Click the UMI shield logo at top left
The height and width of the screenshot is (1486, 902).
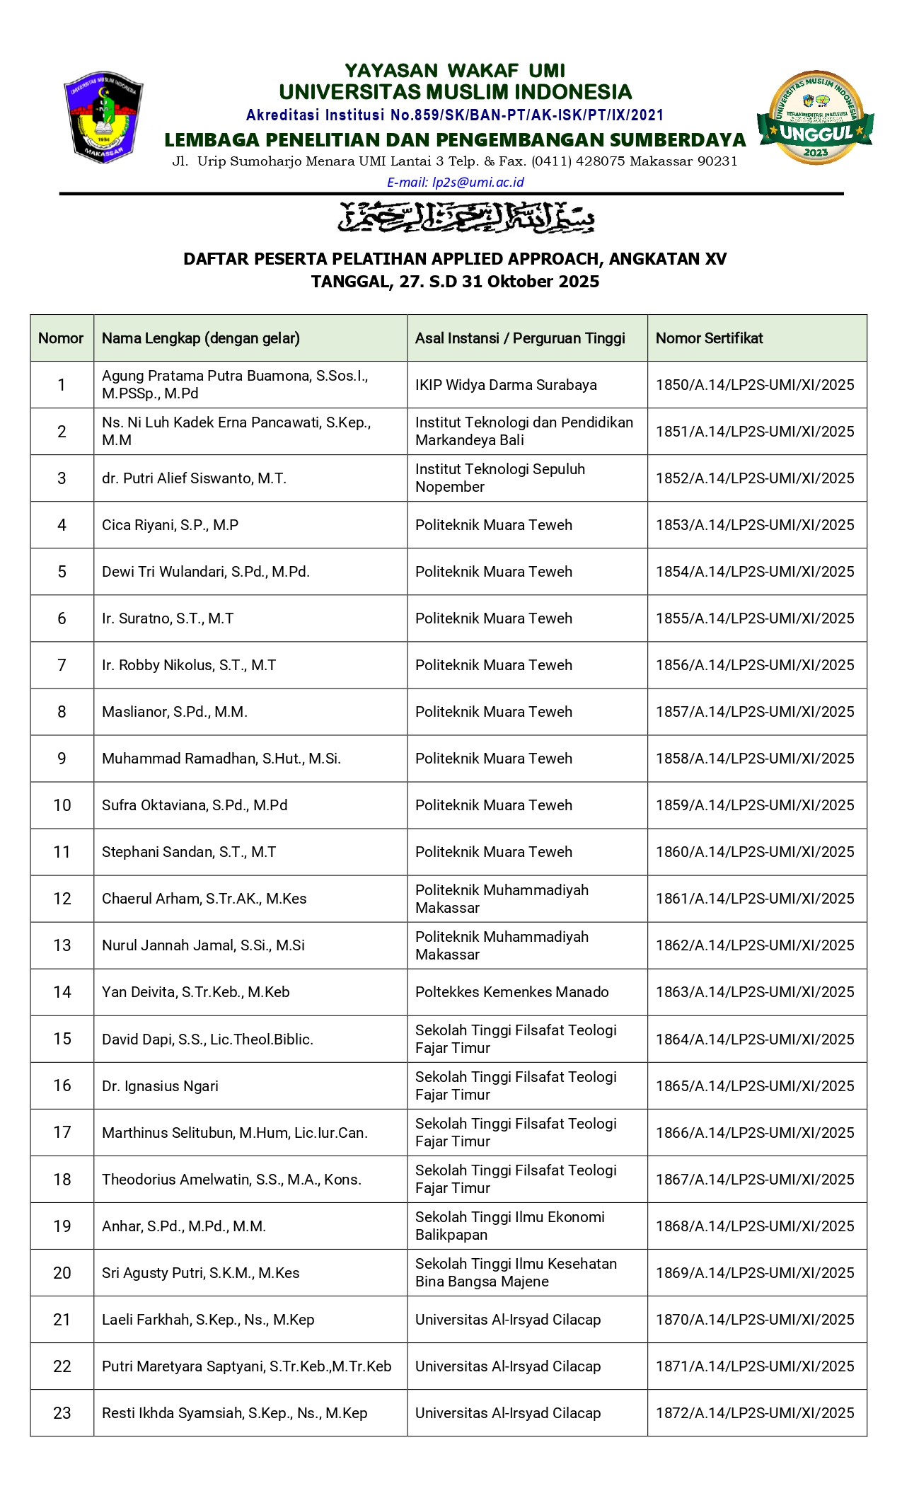pos(104,117)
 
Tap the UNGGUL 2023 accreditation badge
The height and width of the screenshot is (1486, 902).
pos(816,117)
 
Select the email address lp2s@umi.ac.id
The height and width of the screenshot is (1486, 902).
pos(455,183)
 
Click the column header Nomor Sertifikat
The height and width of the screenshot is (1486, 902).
pos(709,338)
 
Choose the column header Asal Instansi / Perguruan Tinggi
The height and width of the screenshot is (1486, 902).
pos(520,338)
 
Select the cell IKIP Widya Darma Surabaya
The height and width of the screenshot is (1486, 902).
pos(506,385)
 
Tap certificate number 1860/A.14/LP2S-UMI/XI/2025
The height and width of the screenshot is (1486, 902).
pos(755,852)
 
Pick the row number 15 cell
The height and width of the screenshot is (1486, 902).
pos(62,1039)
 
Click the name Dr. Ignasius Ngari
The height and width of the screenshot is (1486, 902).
pos(160,1086)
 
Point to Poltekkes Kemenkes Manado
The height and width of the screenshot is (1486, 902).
pos(511,992)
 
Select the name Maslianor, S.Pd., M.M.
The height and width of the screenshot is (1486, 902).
pos(175,712)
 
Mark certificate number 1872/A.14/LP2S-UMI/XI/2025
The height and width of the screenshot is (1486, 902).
pos(755,1413)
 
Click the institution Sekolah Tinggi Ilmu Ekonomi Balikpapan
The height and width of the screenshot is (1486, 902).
pos(509,1226)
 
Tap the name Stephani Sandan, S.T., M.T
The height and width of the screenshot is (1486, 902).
pos(189,852)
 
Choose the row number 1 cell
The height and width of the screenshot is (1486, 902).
pos(62,385)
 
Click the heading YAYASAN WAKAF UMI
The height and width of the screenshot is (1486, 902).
pos(455,71)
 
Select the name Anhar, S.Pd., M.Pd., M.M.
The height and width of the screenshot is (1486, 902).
pos(184,1226)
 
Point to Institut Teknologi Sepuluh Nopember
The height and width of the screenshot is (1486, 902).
pos(499,478)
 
